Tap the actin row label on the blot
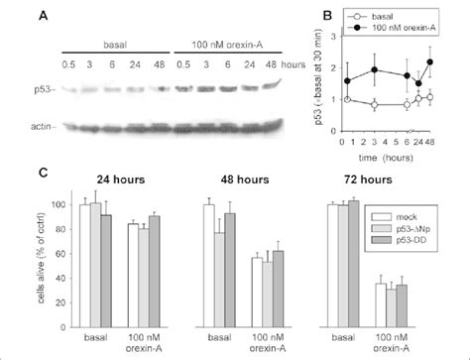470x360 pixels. pyautogui.click(x=44, y=128)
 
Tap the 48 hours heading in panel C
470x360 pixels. pyautogui.click(x=250, y=183)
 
